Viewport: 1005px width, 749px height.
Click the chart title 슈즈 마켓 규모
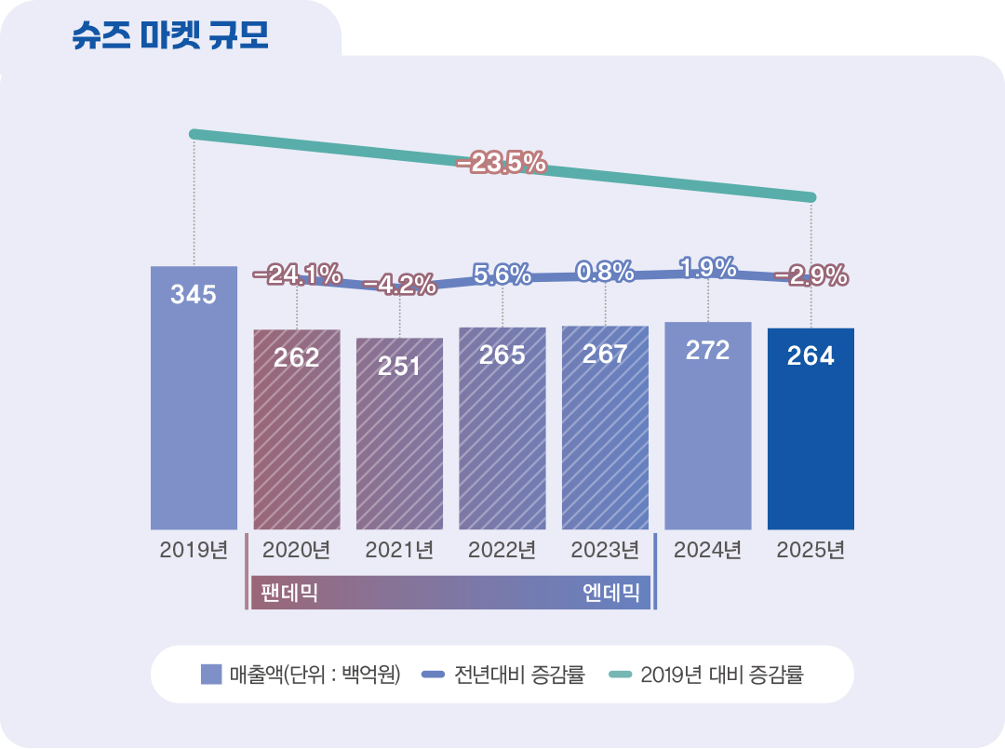click(170, 35)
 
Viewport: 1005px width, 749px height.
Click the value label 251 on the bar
click(399, 366)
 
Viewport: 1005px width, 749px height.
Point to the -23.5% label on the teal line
click(501, 164)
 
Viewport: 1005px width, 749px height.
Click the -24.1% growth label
click(297, 274)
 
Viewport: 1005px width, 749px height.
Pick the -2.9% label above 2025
click(811, 275)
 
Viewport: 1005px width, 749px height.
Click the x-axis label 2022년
click(502, 550)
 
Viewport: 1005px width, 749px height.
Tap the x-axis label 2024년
click(708, 550)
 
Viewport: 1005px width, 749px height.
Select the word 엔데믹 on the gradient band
click(611, 593)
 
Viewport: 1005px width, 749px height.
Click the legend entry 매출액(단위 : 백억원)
click(301, 675)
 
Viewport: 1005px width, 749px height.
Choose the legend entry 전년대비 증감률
click(503, 675)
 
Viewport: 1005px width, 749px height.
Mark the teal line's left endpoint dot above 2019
click(194, 134)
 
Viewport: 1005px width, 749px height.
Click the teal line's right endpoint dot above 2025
click(811, 197)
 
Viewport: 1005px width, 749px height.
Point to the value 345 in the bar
click(194, 296)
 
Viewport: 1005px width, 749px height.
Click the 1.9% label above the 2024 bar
click(708, 269)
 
